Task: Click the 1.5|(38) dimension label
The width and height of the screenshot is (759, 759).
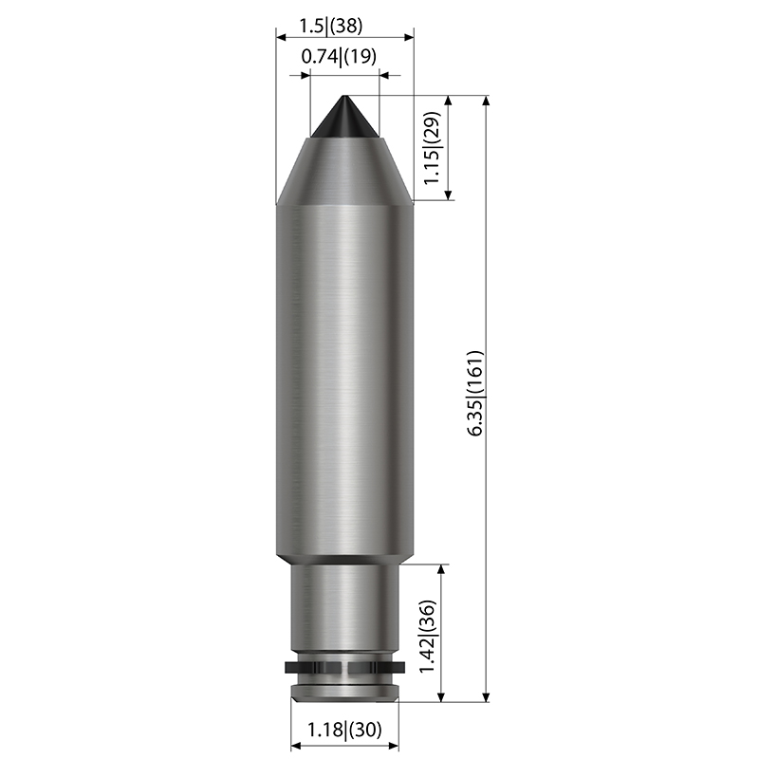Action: (330, 26)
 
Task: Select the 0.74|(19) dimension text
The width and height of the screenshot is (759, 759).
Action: (339, 56)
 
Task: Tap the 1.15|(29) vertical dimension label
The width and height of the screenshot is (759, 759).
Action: (432, 148)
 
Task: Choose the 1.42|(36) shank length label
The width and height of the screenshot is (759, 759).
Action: (428, 637)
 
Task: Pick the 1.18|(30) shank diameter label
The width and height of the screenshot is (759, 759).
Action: (344, 729)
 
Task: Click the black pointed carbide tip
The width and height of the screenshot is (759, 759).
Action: (344, 117)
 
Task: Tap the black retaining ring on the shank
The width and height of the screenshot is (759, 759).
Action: (344, 668)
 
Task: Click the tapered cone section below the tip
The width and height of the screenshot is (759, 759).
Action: (344, 172)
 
